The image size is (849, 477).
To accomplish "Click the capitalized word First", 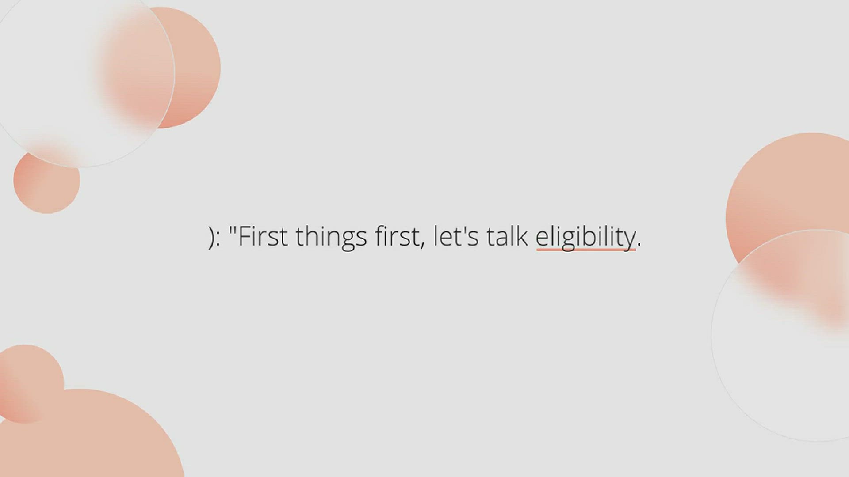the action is click(263, 236).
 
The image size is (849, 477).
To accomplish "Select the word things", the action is click(331, 238).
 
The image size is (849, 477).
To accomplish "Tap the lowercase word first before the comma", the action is click(398, 236).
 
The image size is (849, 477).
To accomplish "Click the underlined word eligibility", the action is click(585, 238).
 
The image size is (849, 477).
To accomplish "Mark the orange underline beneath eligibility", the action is click(586, 250).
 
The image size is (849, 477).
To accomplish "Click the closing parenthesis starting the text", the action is click(211, 238).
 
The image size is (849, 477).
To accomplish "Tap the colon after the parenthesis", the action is click(218, 239).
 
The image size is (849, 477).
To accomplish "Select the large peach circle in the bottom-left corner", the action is click(88, 437).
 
